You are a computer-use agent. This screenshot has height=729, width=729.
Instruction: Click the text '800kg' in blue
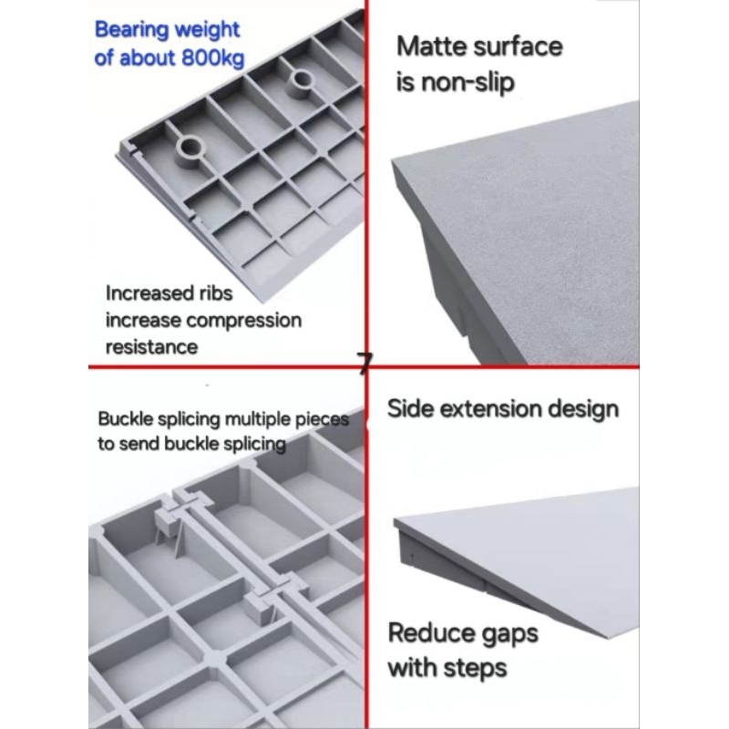pos(213,59)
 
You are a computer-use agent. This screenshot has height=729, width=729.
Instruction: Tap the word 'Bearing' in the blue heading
pos(132,30)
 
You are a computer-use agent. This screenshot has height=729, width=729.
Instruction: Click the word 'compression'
pos(243,322)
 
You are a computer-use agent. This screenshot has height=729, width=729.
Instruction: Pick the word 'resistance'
pos(151,347)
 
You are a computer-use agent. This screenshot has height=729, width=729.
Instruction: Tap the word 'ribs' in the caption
pos(216,293)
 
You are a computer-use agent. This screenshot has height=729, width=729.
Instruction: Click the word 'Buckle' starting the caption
pos(126,419)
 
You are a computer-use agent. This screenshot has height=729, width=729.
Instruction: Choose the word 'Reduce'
pos(430,632)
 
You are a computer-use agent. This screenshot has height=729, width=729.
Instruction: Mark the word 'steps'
pos(475,670)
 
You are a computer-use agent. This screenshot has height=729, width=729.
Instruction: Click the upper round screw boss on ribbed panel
pos(303,83)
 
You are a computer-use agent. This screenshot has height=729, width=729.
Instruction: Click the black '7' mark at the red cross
pos(365,364)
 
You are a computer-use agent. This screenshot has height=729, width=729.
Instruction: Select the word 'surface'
pos(516,46)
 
